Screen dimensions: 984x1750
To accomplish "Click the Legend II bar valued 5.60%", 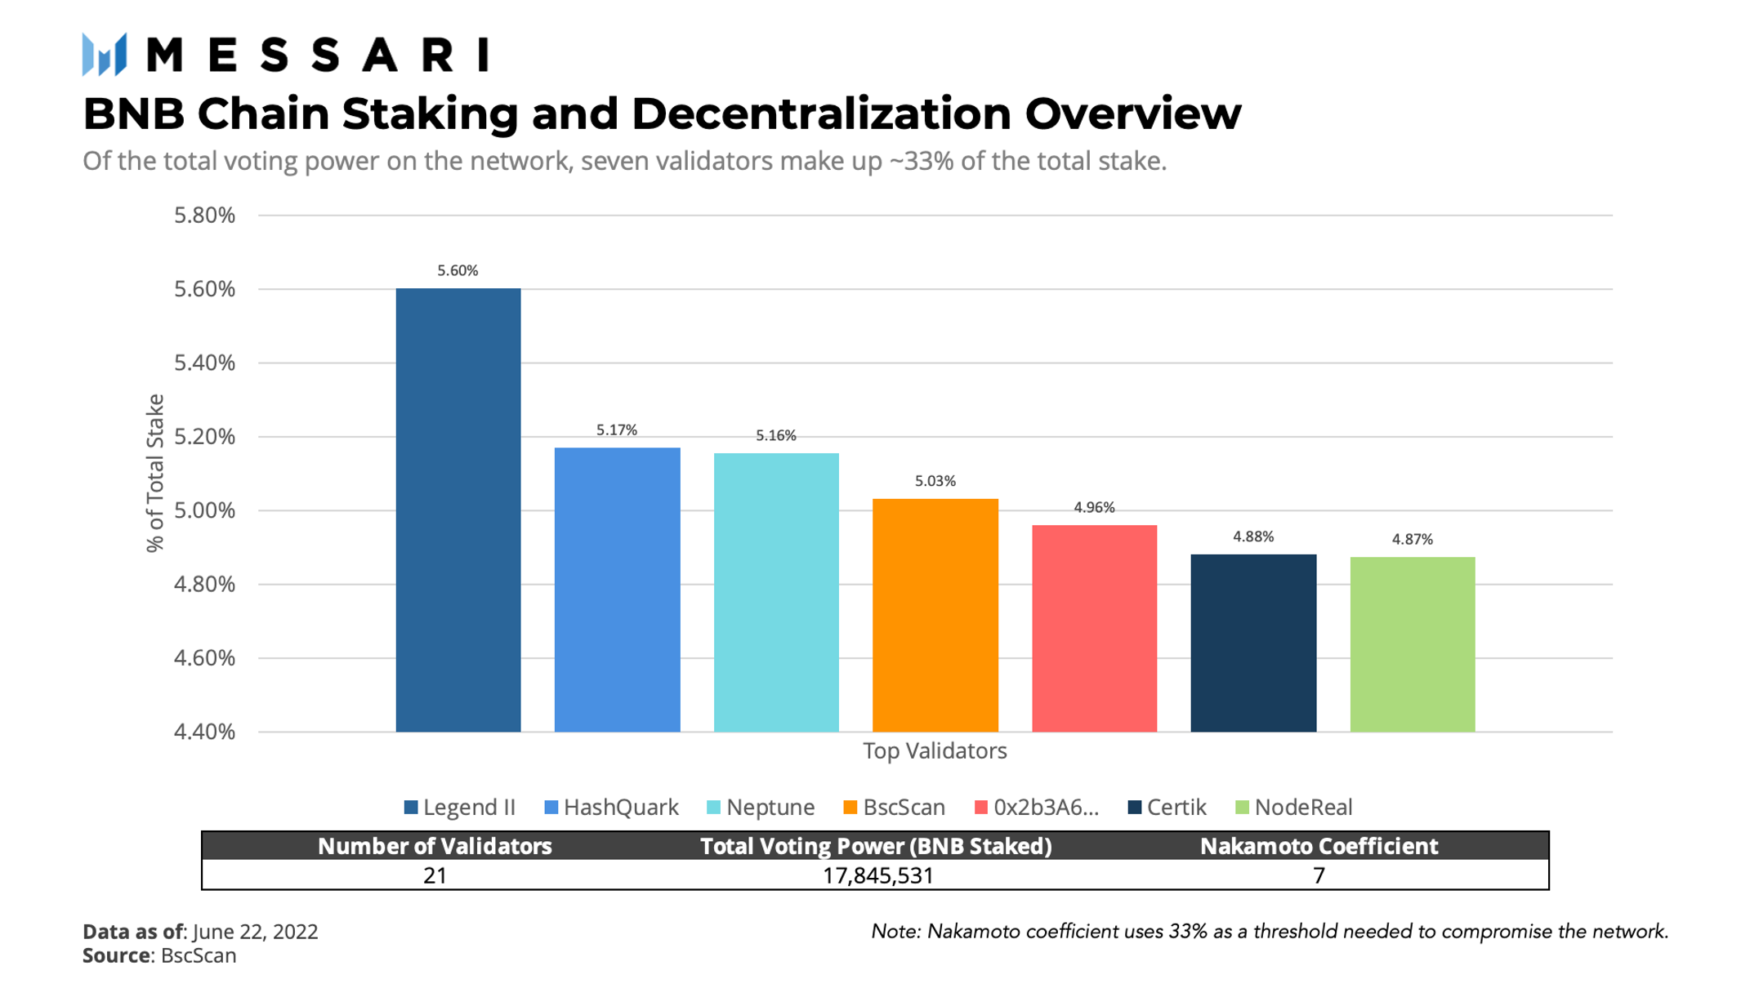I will pos(458,510).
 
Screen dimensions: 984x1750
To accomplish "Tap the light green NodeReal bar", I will pos(1412,644).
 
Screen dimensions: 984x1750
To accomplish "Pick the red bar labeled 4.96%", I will pos(1094,628).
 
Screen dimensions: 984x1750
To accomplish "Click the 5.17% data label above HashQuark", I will pos(616,430).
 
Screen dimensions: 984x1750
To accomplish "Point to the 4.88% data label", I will pos(1252,537).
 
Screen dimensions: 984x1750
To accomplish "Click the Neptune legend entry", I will pos(761,808).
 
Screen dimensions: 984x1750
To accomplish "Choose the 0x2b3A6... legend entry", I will pos(1038,808).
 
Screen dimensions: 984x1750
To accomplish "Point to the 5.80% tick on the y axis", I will pos(204,216).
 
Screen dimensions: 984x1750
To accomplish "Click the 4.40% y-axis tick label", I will pos(204,732).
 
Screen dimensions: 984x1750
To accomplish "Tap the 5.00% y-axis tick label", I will pos(204,510).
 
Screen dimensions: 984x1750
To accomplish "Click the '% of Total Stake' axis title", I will pos(155,474).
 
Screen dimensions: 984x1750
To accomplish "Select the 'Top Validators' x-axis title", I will pos(935,751).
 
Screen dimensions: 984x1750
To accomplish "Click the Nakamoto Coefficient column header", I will pos(1318,846).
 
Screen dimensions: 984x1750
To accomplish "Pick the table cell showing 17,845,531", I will pos(877,876).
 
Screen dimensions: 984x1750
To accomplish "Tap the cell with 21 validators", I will pos(435,876).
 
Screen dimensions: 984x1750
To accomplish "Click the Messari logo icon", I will pos(105,55).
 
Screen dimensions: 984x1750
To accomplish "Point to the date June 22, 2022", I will pos(255,932).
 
